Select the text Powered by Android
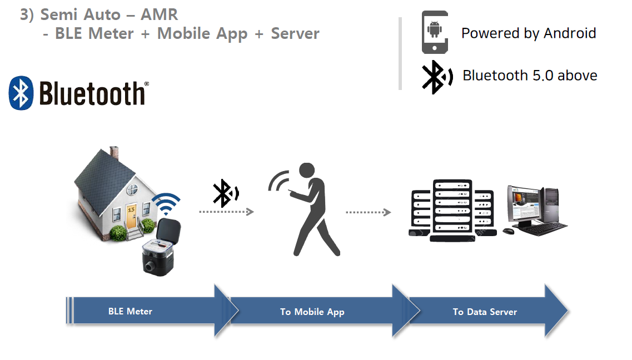click(528, 33)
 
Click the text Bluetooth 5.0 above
click(530, 75)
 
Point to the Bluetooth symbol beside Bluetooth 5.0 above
click(434, 76)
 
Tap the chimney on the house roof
click(114, 152)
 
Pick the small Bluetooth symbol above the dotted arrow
click(225, 192)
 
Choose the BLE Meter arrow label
click(130, 312)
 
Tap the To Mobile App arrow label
click(312, 312)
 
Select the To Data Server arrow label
click(485, 312)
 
